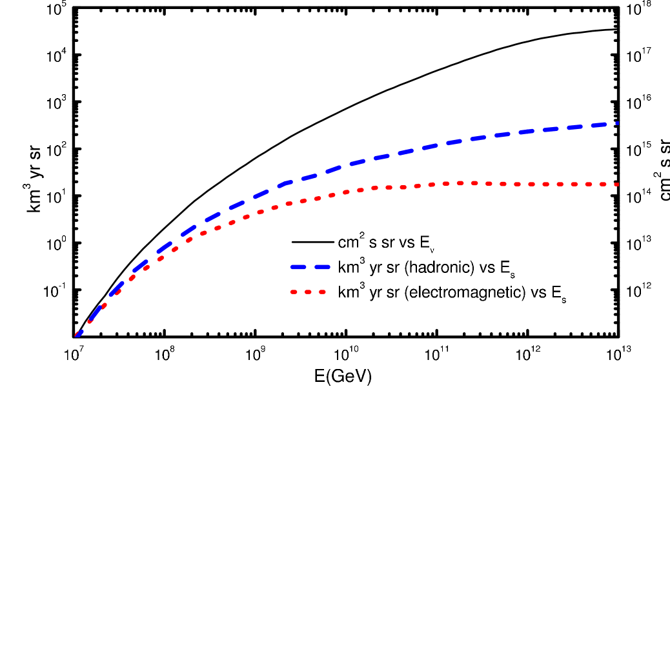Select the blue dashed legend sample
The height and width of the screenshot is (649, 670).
click(x=310, y=266)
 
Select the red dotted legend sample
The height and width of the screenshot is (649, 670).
click(x=308, y=292)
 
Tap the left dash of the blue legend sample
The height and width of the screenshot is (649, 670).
click(x=298, y=266)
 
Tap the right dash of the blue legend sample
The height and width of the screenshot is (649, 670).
click(x=321, y=266)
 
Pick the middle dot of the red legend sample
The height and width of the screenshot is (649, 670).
click(x=308, y=292)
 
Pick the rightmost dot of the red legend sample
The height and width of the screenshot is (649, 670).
click(x=322, y=292)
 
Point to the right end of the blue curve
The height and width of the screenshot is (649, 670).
click(x=618, y=123)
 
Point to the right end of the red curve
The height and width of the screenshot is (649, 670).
click(x=617, y=185)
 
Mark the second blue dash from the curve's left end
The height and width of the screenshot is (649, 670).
click(x=95, y=313)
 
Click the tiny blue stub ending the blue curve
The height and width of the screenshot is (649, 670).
click(x=617, y=123)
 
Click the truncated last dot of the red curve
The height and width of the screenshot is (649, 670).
click(x=617, y=185)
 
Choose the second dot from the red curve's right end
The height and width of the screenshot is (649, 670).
click(x=603, y=185)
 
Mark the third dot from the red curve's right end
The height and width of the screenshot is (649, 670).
click(x=589, y=185)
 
